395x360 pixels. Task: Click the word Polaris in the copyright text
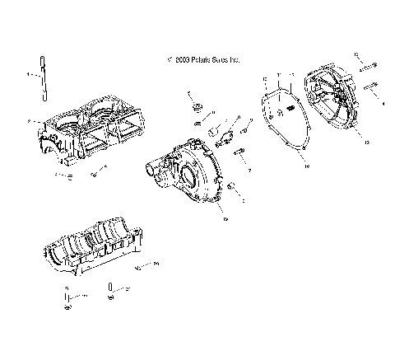click(201, 60)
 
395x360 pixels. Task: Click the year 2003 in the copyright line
click(180, 60)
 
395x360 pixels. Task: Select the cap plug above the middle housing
click(198, 108)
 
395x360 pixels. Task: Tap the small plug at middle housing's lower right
click(232, 187)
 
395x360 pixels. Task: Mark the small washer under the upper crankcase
click(72, 175)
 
